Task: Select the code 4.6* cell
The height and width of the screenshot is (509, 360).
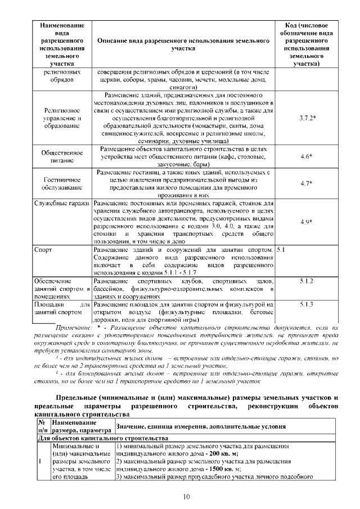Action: click(307, 156)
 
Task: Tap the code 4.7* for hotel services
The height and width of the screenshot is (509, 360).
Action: click(307, 183)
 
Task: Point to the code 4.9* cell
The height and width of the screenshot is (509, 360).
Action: click(307, 222)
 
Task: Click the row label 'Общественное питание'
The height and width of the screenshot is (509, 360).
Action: click(62, 156)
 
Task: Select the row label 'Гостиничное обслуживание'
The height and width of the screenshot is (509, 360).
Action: click(62, 183)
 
